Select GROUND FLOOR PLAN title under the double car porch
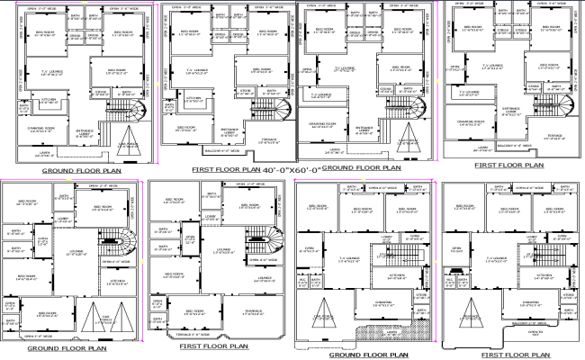(x=67, y=348)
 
